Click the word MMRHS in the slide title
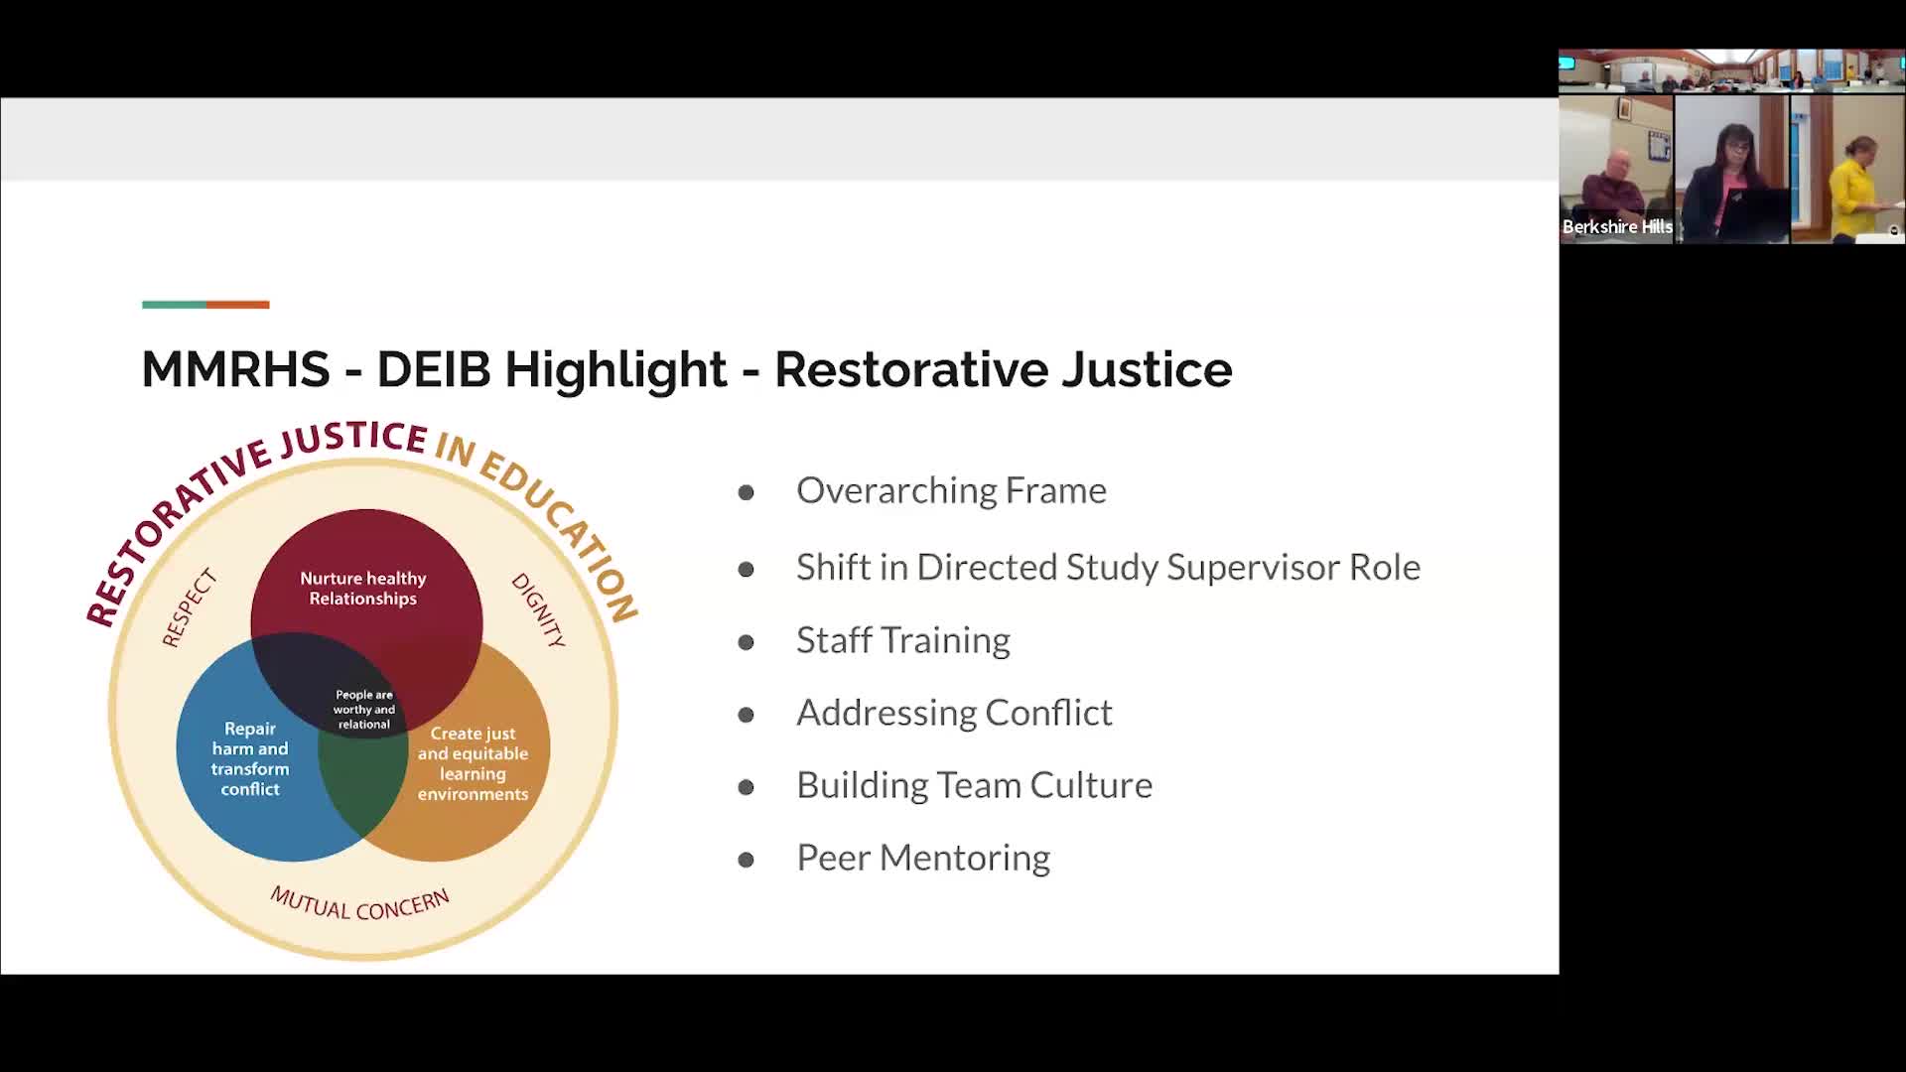(x=235, y=369)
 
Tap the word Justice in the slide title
(x=1147, y=369)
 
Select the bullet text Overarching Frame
(x=951, y=490)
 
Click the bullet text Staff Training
(x=903, y=640)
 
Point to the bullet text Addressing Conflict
(x=954, y=713)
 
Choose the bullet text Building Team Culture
(x=974, y=785)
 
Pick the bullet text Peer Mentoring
(x=923, y=858)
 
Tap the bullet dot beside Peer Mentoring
(x=747, y=860)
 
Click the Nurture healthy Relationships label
(x=363, y=589)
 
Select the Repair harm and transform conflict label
(x=250, y=758)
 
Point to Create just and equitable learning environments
(x=473, y=763)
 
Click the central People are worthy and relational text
(x=364, y=710)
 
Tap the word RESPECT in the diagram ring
(x=189, y=607)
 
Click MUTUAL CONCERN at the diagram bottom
(x=360, y=904)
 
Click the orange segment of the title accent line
(x=237, y=305)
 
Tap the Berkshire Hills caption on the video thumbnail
(x=1617, y=227)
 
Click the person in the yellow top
(x=1853, y=189)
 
